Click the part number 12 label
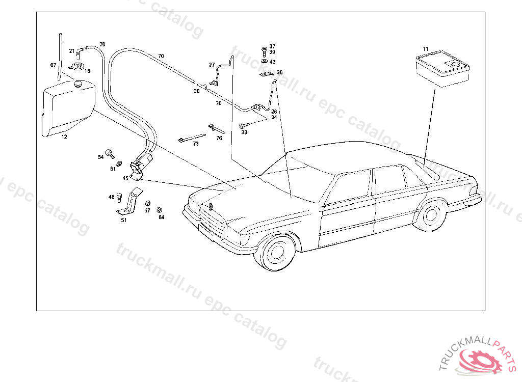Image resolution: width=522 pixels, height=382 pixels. [x=64, y=137]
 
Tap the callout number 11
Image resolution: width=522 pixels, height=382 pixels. [x=426, y=49]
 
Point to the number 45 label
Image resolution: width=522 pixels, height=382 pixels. [x=125, y=178]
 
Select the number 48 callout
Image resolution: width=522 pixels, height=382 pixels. [x=111, y=197]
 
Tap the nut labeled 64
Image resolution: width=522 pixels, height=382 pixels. [x=159, y=209]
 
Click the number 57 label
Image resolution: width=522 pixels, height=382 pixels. [x=147, y=210]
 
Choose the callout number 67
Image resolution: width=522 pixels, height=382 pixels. [x=53, y=65]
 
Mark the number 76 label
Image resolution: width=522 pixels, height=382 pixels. [x=219, y=138]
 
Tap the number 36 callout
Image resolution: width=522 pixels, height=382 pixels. [x=279, y=72]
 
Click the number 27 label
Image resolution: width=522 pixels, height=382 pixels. [x=212, y=65]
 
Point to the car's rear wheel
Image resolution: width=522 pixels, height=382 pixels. [x=431, y=214]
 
